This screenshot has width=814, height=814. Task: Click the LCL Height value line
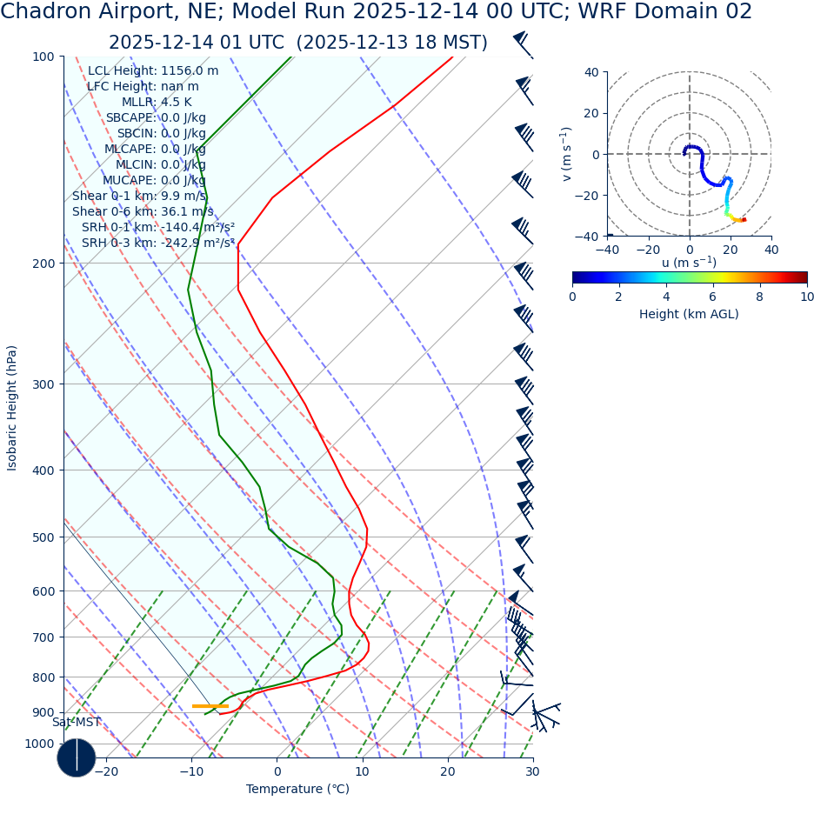pyautogui.click(x=153, y=70)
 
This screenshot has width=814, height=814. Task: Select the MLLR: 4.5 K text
pyautogui.click(x=157, y=102)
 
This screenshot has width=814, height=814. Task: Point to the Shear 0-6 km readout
pyautogui.click(x=143, y=211)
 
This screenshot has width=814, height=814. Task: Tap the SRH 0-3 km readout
pyautogui.click(x=157, y=243)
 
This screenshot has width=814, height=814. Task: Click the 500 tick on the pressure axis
pyautogui.click(x=43, y=537)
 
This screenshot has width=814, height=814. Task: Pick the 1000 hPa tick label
pyautogui.click(x=38, y=744)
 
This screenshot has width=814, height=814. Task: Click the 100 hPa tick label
pyautogui.click(x=43, y=57)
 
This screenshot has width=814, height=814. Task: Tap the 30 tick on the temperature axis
pyautogui.click(x=532, y=771)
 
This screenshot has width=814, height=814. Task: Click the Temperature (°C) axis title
pyautogui.click(x=297, y=789)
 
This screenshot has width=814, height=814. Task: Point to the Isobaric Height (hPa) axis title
pyautogui.click(x=12, y=408)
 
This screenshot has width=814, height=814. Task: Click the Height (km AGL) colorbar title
pyautogui.click(x=689, y=314)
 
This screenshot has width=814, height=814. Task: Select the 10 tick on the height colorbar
pyautogui.click(x=807, y=297)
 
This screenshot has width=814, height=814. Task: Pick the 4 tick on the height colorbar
pyautogui.click(x=666, y=297)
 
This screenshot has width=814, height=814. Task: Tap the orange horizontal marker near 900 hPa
pyautogui.click(x=210, y=706)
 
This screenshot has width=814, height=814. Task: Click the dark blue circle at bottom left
pyautogui.click(x=77, y=757)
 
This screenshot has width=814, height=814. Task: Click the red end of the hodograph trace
pyautogui.click(x=744, y=219)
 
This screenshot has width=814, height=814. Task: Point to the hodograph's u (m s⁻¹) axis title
pyautogui.click(x=689, y=263)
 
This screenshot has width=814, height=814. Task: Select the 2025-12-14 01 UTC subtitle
pyautogui.click(x=297, y=43)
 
